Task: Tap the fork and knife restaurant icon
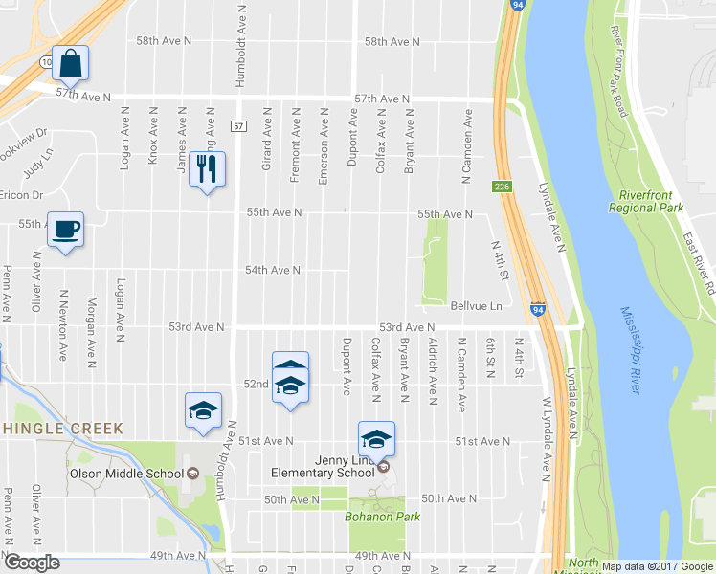(x=207, y=169)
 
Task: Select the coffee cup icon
(x=65, y=229)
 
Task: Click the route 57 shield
(x=239, y=126)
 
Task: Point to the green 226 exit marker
(x=503, y=186)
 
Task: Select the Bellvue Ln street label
(x=476, y=306)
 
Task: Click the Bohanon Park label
(x=375, y=517)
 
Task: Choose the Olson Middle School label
(x=125, y=473)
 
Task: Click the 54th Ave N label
(x=273, y=271)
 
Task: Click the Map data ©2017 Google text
(x=657, y=566)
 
